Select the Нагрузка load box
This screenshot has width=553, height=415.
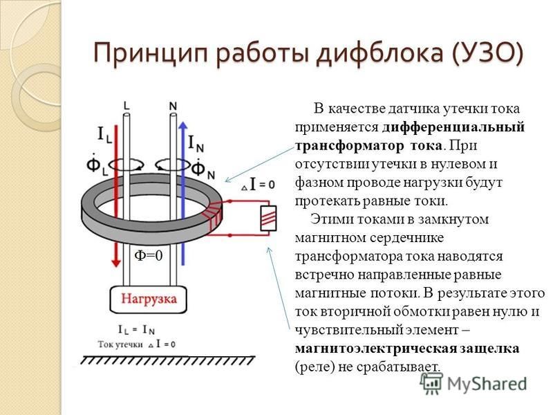tap(148, 299)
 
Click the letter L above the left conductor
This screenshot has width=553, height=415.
tap(126, 106)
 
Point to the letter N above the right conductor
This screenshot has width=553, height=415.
tap(173, 106)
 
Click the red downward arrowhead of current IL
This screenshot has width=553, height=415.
tap(115, 263)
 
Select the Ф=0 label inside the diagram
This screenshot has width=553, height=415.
tap(149, 255)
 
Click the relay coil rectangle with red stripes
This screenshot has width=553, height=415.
tap(268, 219)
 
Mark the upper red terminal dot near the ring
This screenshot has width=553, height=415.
tap(229, 201)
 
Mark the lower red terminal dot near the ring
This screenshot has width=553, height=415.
tap(229, 235)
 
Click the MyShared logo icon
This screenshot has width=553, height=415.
tap(431, 384)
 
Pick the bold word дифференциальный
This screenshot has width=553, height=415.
tap(453, 127)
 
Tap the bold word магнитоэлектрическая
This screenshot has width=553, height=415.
tap(375, 349)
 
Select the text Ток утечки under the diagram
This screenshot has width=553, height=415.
tap(120, 344)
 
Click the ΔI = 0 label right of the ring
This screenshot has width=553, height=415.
tap(258, 185)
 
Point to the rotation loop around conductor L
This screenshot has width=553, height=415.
tap(126, 164)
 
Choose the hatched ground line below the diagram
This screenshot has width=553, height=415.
tap(168, 360)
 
